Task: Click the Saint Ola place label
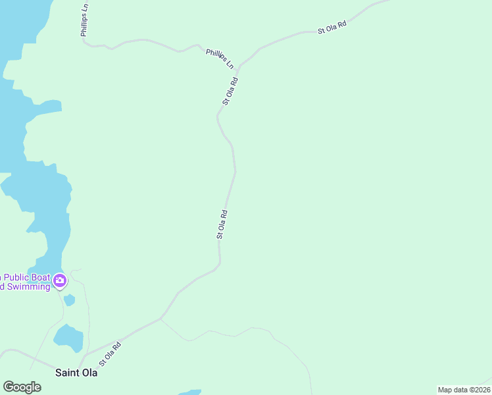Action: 76,373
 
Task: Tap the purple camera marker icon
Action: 60,282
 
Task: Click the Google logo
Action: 22,387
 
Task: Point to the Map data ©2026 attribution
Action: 463,390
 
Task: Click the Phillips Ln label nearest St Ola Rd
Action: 220,58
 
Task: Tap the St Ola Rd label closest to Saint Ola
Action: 111,354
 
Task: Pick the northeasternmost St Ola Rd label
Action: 332,27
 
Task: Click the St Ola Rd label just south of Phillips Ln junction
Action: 230,92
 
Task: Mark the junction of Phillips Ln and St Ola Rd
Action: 237,67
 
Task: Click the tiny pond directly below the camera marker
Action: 69,300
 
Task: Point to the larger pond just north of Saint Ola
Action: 69,338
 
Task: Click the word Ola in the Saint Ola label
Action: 89,373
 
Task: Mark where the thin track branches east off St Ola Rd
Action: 161,319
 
